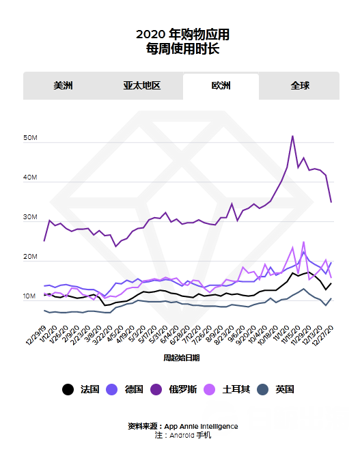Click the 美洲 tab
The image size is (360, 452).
point(64,86)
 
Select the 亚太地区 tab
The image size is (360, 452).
point(141,86)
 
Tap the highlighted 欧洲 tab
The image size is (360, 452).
point(221,86)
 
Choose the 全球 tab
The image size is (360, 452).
point(300,86)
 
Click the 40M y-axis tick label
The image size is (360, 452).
point(29,178)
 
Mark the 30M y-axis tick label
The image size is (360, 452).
point(29,218)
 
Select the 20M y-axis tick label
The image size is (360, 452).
point(29,257)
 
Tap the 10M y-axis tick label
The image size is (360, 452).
point(29,297)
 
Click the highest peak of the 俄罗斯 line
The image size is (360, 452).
point(293,136)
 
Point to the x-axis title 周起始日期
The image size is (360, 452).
point(181,357)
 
